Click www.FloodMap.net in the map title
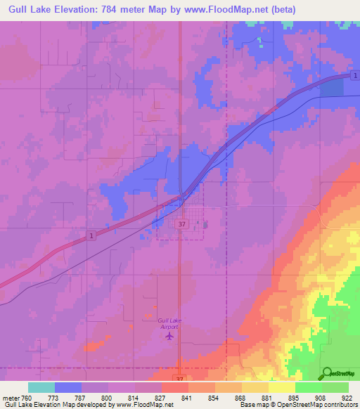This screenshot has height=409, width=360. click(222, 10)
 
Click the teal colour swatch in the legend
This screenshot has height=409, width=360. click(41, 387)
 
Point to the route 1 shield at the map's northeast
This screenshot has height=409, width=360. click(356, 76)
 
